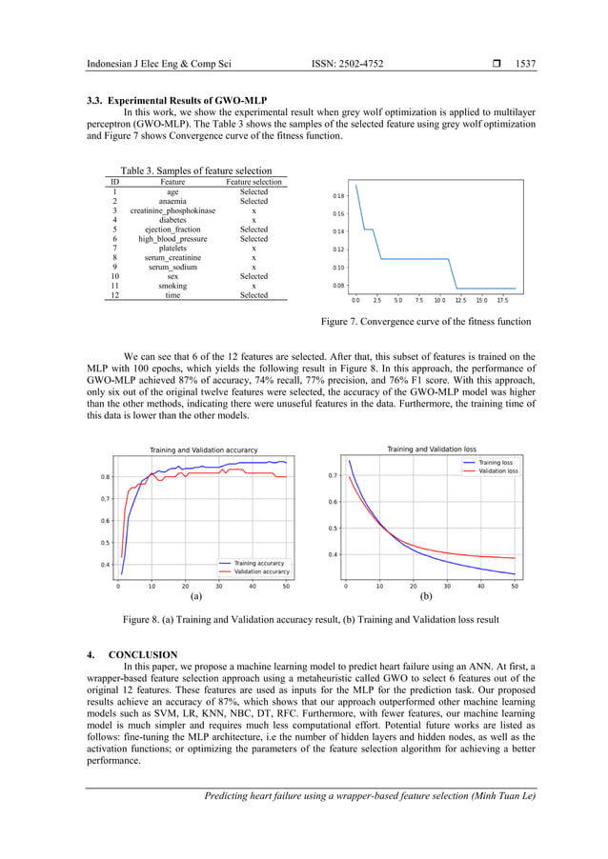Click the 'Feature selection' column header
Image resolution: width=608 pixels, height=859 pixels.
coord(253,181)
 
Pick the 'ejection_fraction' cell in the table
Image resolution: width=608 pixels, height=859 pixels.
coord(172,230)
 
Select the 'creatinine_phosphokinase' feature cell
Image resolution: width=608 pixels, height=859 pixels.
coord(172,210)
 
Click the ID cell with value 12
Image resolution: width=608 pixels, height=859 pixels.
coord(114,295)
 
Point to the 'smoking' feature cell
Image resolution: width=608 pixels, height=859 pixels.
coord(172,286)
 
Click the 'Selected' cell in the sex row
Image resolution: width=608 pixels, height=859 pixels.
coord(253,276)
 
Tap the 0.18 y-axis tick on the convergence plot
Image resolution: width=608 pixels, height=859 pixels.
coord(339,196)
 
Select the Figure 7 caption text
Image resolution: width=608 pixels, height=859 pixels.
coord(425,322)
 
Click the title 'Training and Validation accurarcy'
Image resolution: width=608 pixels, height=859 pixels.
coord(202,449)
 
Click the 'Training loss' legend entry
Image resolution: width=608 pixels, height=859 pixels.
coord(496,462)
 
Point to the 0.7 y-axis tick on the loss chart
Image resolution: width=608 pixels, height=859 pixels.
coord(333,475)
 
